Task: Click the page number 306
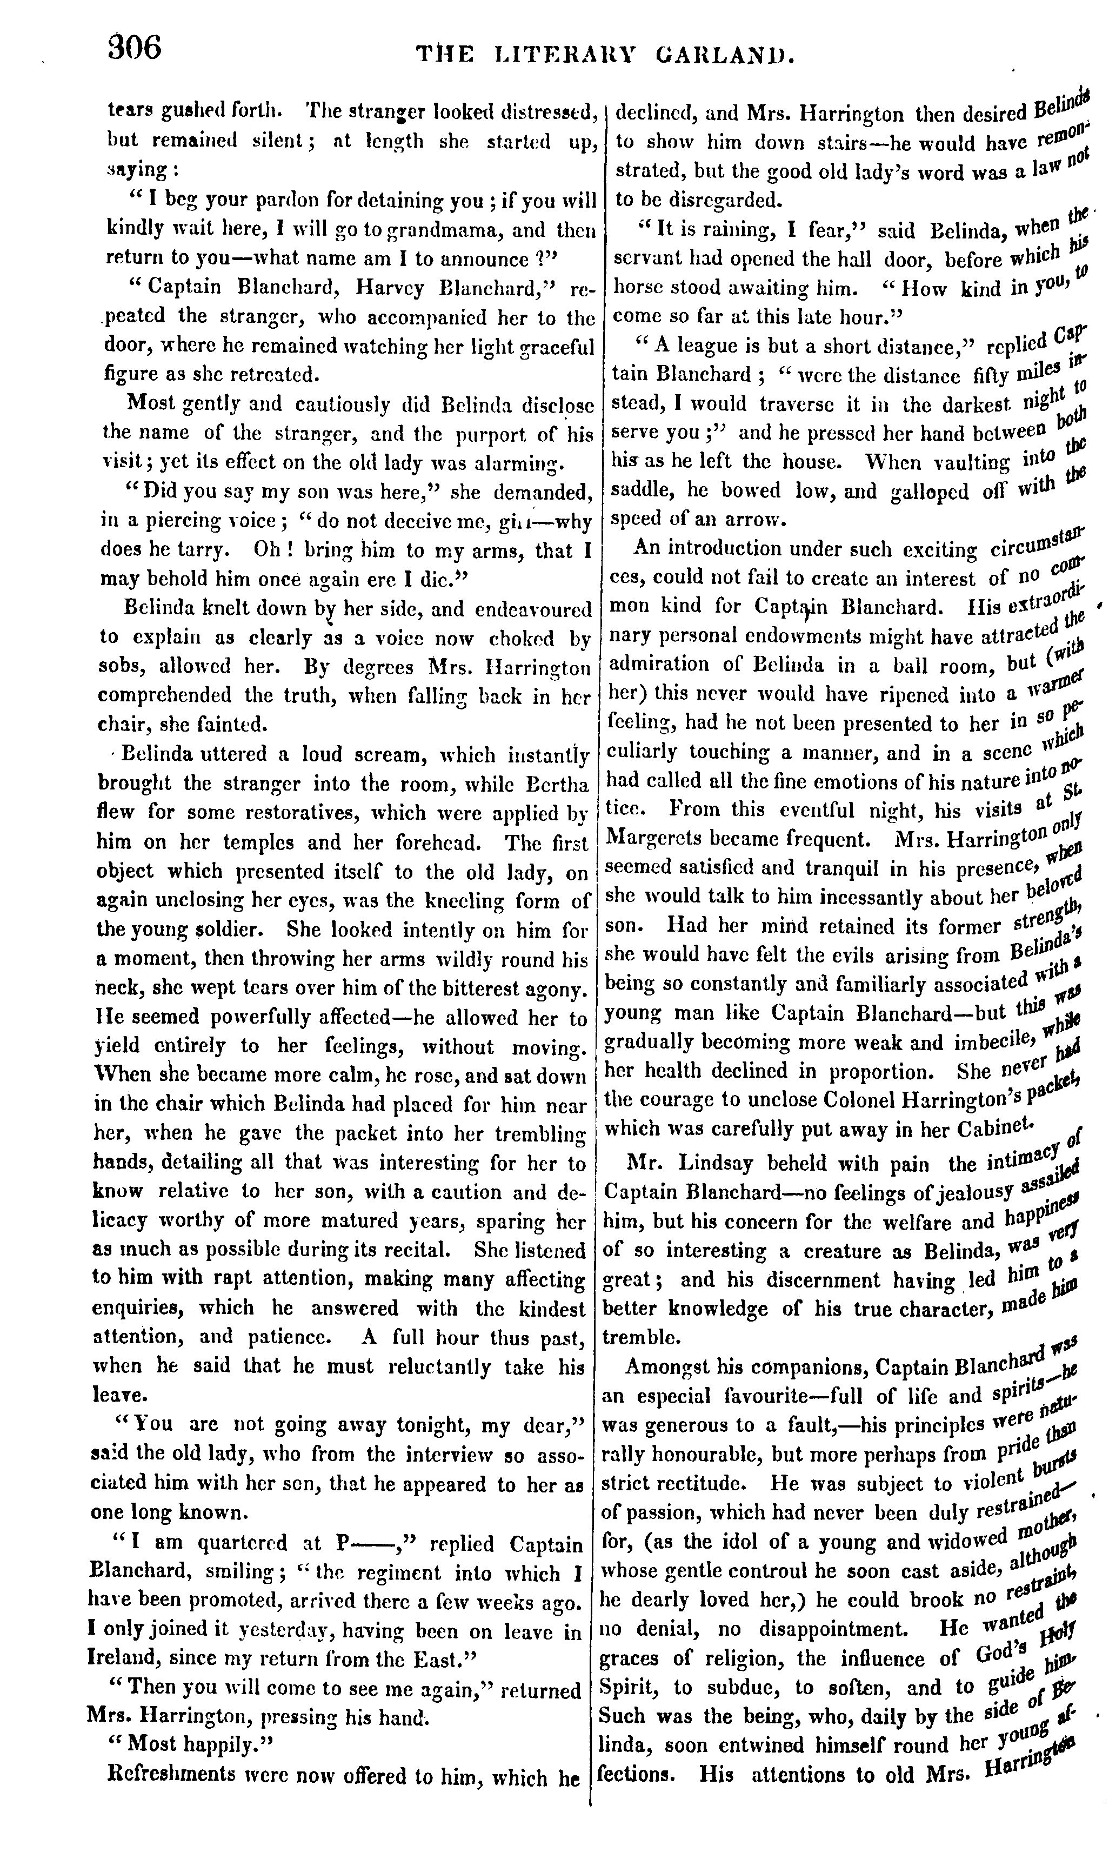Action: tap(135, 49)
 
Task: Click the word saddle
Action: tap(634, 491)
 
